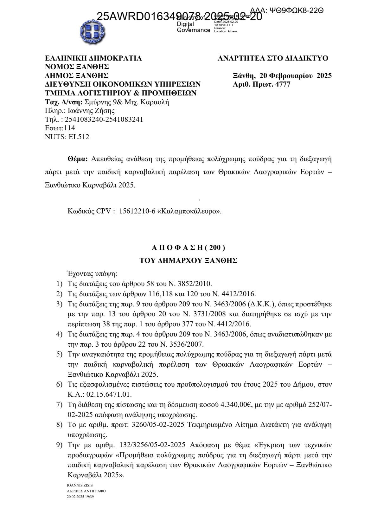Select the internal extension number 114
click(x=69, y=128)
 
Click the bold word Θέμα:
click(x=77, y=159)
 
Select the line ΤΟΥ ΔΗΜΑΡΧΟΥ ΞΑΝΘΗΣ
click(x=188, y=261)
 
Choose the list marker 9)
click(x=59, y=445)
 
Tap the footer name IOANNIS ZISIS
click(x=80, y=485)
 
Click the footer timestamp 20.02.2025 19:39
click(x=80, y=497)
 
